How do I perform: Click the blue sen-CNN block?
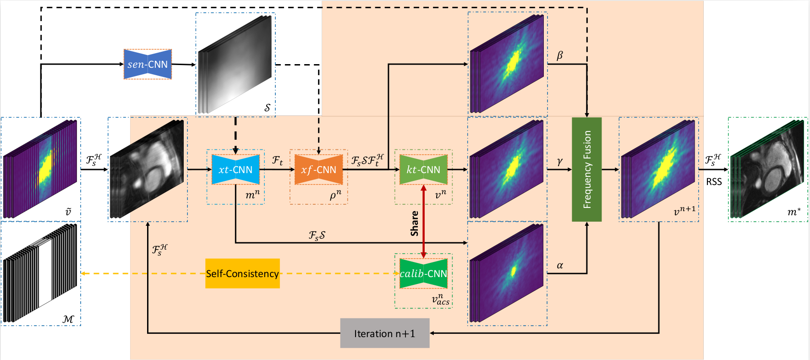[x=148, y=64]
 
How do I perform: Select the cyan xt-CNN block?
[x=235, y=169]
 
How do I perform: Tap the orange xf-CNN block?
[x=318, y=169]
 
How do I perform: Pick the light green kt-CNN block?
[x=423, y=169]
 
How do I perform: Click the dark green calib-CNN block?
[x=423, y=273]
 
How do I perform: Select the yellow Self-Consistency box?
[x=242, y=273]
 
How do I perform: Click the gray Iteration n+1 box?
[x=384, y=333]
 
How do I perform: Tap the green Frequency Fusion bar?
[x=587, y=169]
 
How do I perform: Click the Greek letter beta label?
[x=559, y=55]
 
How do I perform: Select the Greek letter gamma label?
[x=559, y=161]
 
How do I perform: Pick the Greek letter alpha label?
[x=559, y=265]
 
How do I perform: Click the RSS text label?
[x=714, y=182]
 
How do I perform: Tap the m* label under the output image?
[x=794, y=212]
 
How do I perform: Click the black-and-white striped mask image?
[x=40, y=273]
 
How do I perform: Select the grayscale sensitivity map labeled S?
[x=235, y=64]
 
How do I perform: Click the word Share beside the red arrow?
[x=415, y=224]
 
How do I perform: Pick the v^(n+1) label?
[x=684, y=211]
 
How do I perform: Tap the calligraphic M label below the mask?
[x=68, y=319]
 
